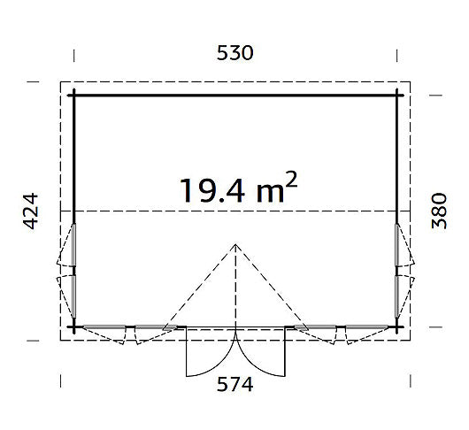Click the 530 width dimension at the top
[234, 53]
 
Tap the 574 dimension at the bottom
[234, 384]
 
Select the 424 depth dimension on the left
[31, 211]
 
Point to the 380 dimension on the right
[439, 211]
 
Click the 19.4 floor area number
[212, 190]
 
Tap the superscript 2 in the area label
[292, 179]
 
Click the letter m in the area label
[270, 193]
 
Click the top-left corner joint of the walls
[73, 96]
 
